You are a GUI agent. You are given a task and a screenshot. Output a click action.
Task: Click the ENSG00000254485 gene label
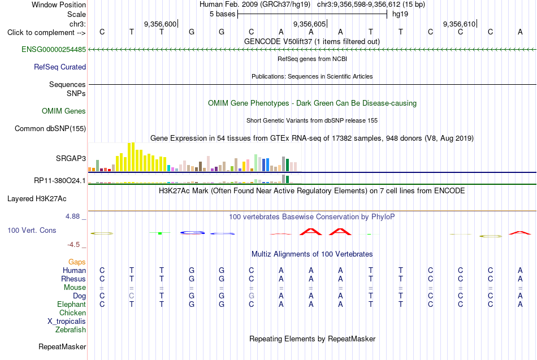tap(54, 49)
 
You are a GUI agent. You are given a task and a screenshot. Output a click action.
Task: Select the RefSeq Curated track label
tap(59, 67)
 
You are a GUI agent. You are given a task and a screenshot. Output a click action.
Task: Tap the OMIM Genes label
tap(63, 111)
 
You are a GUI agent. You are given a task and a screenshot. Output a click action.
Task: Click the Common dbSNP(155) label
tap(50, 128)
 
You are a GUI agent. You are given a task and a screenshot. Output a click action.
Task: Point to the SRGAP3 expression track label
tap(71, 158)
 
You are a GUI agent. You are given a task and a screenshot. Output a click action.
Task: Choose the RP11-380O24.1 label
tap(59, 180)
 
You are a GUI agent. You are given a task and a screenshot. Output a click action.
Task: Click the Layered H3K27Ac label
tap(37, 199)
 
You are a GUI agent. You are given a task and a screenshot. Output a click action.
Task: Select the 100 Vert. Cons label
tap(32, 230)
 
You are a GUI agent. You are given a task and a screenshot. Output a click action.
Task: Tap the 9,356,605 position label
tap(309, 24)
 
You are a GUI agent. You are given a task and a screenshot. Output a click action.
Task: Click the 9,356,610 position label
tap(459, 24)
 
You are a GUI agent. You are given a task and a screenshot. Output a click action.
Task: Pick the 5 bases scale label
tap(222, 14)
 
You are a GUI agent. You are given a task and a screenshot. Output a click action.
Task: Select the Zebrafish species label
tap(71, 329)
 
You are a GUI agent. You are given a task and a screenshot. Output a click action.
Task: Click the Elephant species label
tap(71, 304)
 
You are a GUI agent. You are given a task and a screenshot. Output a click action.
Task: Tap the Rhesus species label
tap(73, 279)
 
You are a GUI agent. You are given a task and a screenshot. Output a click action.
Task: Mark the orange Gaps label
tap(77, 262)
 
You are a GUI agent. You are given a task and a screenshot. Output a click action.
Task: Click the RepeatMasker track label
tap(62, 346)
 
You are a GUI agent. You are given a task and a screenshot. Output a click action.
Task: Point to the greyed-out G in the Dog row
tap(251, 296)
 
